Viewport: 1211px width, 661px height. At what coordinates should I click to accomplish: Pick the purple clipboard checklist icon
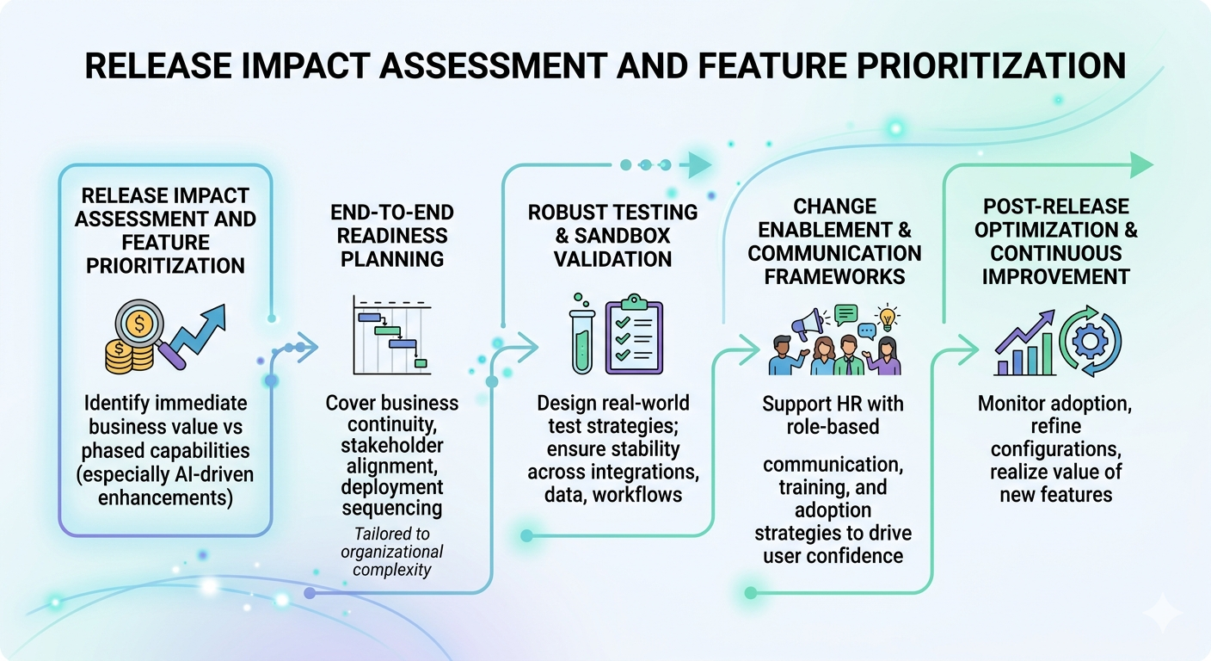pos(634,335)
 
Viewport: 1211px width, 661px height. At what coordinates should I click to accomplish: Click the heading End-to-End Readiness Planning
pos(391,235)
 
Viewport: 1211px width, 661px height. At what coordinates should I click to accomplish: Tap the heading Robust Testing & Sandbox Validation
pos(613,235)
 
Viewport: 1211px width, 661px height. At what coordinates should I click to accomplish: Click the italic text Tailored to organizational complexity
pos(391,552)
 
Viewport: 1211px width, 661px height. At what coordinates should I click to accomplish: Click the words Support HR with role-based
pos(833,414)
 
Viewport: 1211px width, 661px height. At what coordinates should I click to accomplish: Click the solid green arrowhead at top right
pos(1140,164)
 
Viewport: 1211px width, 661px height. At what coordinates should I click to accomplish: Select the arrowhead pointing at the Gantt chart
pos(307,348)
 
